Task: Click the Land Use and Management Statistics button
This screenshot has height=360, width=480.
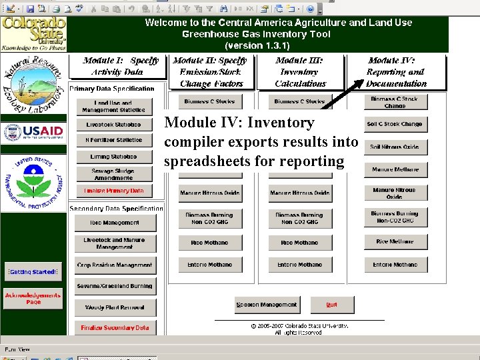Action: (x=113, y=107)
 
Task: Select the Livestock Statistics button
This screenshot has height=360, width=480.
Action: (x=113, y=125)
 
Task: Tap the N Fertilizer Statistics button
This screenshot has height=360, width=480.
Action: (x=113, y=141)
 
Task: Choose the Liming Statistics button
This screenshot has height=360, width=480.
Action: (x=113, y=157)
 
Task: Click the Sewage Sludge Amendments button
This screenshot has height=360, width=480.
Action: (x=113, y=174)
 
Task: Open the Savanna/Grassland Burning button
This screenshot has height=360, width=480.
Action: (x=114, y=286)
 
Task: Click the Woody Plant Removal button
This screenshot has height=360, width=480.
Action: (x=114, y=307)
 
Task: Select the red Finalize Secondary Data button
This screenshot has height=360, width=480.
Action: (x=114, y=327)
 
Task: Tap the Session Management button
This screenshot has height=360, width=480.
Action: (x=266, y=305)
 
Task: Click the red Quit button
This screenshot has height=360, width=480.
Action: (x=331, y=305)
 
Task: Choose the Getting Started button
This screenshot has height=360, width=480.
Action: (x=33, y=272)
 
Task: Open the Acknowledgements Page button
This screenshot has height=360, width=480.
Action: (x=33, y=298)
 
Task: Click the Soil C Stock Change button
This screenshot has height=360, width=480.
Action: (x=395, y=124)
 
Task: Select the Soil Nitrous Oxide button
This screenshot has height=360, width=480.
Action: (x=395, y=147)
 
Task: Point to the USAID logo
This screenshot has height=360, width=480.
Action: (x=33, y=132)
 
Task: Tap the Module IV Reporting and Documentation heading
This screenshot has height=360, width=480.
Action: (x=396, y=72)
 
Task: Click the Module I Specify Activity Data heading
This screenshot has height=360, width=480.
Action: (x=121, y=66)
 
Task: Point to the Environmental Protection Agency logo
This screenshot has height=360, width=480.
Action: (x=33, y=181)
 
